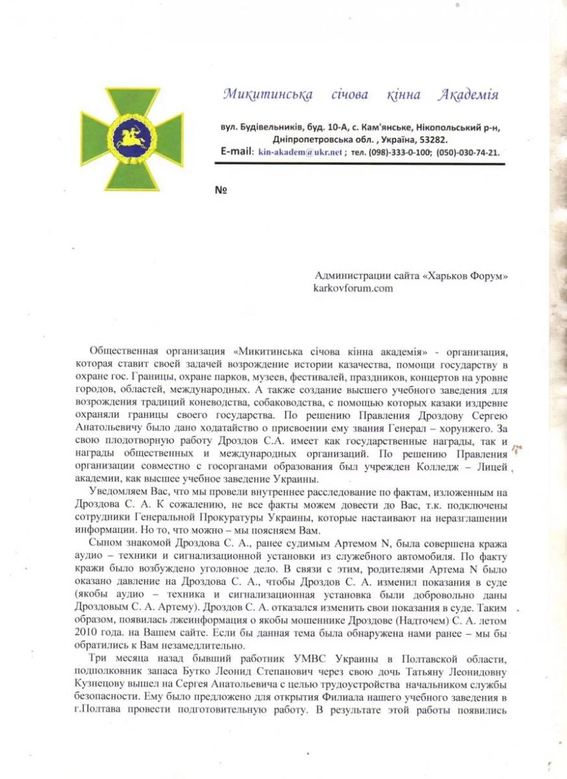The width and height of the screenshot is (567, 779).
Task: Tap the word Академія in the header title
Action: click(468, 95)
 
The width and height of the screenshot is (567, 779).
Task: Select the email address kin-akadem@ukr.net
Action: click(300, 153)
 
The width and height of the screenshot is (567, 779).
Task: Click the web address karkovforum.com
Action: click(353, 288)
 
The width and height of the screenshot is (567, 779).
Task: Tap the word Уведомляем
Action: click(116, 491)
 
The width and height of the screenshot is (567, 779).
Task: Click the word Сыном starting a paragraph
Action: click(106, 543)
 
